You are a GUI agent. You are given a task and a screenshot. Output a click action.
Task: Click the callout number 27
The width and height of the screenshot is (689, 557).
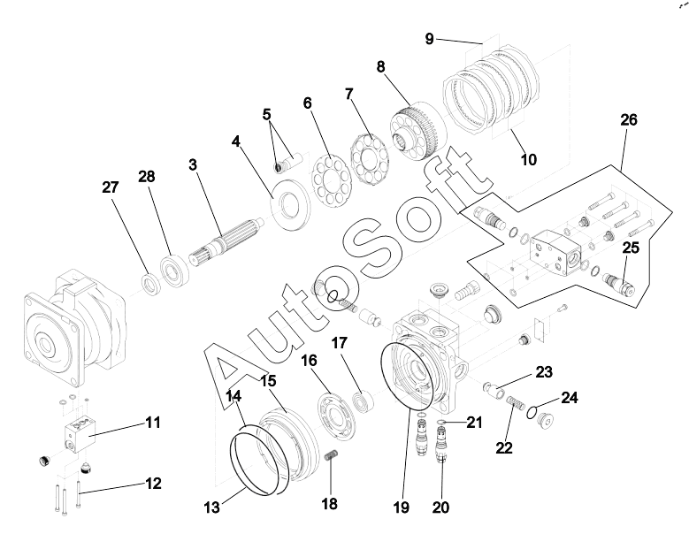point(111,187)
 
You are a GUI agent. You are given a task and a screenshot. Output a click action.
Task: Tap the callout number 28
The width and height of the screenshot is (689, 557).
point(146,176)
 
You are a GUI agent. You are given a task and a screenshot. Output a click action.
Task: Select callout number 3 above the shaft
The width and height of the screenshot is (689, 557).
point(194,164)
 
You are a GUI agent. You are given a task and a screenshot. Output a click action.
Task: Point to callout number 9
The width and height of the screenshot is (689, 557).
point(429,39)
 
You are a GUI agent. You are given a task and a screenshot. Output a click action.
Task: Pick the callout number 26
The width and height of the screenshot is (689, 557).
point(629,118)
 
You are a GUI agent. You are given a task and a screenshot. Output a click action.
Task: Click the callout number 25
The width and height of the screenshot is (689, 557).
point(631,248)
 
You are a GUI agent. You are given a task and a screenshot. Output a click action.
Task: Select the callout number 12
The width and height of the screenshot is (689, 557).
point(153,484)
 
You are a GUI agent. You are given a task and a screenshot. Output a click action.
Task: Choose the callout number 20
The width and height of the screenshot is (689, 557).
point(440,507)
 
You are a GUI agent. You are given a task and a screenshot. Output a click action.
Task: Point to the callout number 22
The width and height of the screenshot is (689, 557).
point(503,447)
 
